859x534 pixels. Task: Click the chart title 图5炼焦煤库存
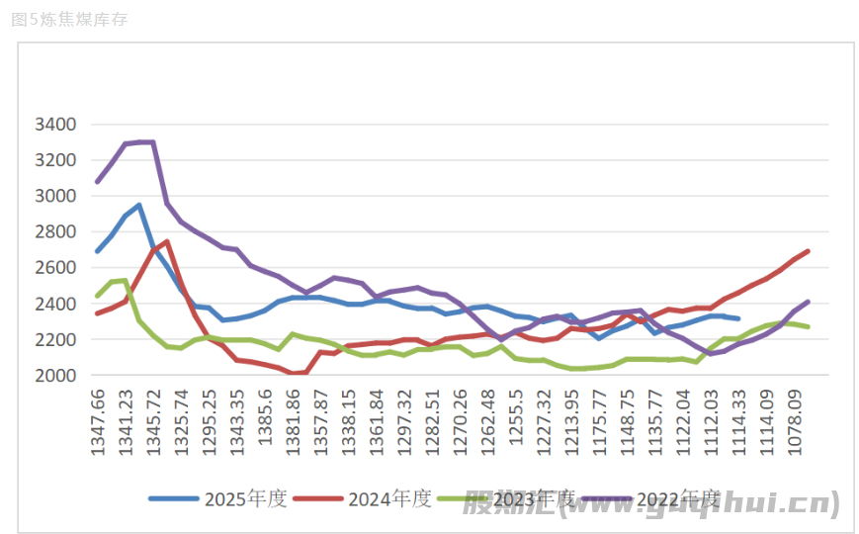click(70, 19)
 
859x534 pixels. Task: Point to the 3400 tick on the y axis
click(55, 125)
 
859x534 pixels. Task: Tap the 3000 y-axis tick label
click(55, 196)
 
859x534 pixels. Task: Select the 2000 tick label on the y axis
click(55, 376)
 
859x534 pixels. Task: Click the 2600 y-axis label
click(55, 268)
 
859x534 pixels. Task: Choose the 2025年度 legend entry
click(216, 498)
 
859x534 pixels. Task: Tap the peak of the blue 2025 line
click(139, 205)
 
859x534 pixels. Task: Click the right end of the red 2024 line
click(808, 251)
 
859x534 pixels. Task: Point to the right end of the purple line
click(808, 302)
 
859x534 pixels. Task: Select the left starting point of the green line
click(97, 296)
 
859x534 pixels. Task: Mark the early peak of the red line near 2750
click(167, 241)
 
